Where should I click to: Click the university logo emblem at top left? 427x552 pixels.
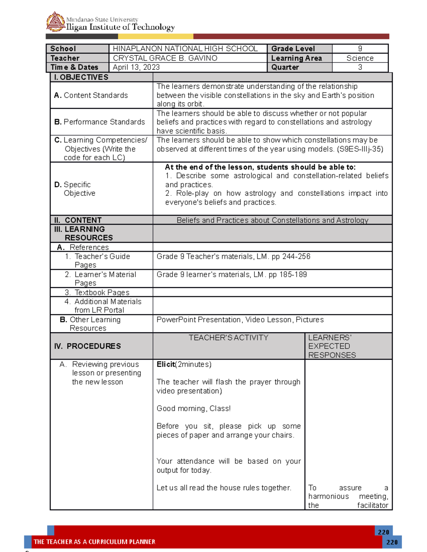(x=55, y=22)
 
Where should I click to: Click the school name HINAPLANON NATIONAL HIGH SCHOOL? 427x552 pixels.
(x=185, y=49)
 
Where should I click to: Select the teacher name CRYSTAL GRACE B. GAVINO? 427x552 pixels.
(x=165, y=58)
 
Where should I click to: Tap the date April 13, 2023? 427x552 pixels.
(x=136, y=67)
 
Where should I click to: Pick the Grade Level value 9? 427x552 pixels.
(x=360, y=49)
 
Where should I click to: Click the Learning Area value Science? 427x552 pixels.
(x=360, y=58)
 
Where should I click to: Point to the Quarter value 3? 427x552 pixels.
(x=360, y=67)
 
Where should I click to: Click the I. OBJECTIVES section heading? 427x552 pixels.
(x=81, y=77)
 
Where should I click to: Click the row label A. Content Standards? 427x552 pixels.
(x=91, y=95)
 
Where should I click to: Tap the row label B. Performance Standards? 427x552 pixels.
(x=99, y=122)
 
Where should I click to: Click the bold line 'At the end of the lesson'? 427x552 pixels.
(x=260, y=167)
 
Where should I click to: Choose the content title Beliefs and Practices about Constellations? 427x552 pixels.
(x=272, y=220)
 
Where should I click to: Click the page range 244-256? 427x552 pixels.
(x=296, y=256)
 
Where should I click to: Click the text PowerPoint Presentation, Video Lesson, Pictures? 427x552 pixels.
(x=240, y=320)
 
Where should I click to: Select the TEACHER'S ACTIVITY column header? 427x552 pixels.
(x=228, y=338)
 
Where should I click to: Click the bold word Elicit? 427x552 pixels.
(x=165, y=364)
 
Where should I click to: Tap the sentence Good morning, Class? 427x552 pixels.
(x=194, y=408)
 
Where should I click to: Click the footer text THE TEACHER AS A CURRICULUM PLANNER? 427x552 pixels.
(x=94, y=542)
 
